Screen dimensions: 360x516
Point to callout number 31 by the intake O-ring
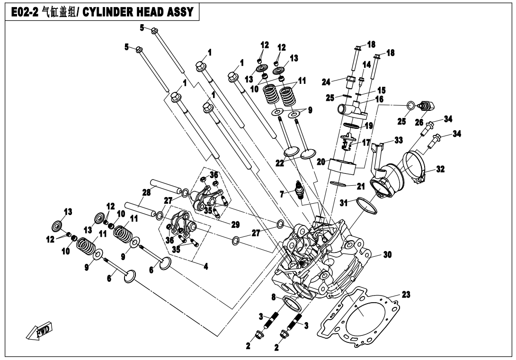(x=344, y=203)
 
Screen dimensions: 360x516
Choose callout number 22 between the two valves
(x=280, y=162)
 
